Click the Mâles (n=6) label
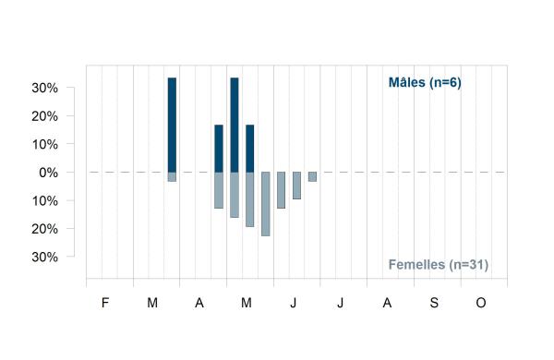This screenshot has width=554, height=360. tap(425, 83)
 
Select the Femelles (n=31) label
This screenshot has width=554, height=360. tap(439, 265)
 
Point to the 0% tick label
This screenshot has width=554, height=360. tap(48, 173)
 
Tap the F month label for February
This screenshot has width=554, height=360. tap(105, 303)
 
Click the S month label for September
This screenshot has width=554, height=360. tap(434, 303)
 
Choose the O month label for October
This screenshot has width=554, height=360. tap(481, 303)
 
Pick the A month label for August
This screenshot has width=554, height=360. tap(387, 303)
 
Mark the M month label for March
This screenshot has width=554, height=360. tap(152, 303)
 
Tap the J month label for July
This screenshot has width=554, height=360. tap(340, 303)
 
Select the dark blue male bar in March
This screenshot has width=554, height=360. tap(172, 125)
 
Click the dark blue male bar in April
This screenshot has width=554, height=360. tap(219, 149)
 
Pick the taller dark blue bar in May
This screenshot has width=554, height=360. tap(235, 125)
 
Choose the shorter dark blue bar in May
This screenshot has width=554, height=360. tap(250, 149)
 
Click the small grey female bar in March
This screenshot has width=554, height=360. tap(172, 176)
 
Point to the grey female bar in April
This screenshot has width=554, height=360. tap(219, 190)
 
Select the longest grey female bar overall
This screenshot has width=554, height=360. tap(266, 204)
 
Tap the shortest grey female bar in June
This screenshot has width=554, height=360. tap(312, 176)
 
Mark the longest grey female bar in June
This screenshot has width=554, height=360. tap(282, 190)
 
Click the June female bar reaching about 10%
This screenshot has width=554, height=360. tap(296, 186)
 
